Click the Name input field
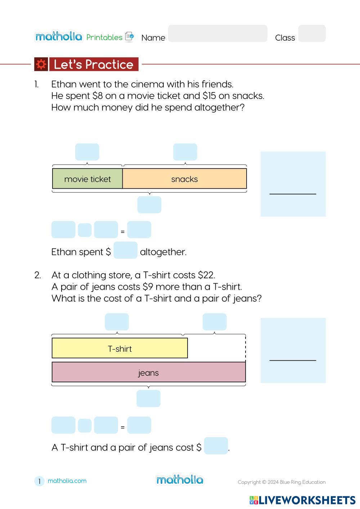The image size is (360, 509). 217,33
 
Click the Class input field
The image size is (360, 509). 312,33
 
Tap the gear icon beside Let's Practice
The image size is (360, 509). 41,64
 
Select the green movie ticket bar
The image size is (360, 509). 87,179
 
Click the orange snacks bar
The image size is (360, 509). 185,179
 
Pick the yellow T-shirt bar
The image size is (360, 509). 120,348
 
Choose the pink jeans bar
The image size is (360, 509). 148,372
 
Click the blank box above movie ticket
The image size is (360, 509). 87,152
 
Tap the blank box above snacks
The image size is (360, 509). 185,152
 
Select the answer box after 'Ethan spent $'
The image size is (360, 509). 125,250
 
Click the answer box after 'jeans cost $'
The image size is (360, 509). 216,446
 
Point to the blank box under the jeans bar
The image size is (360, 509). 148,399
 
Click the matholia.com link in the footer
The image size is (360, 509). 67,481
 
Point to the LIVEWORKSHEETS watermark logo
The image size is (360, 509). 302,500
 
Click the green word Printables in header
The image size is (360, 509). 104,37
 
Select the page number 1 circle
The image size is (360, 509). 39,481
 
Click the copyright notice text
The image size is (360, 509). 282,482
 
